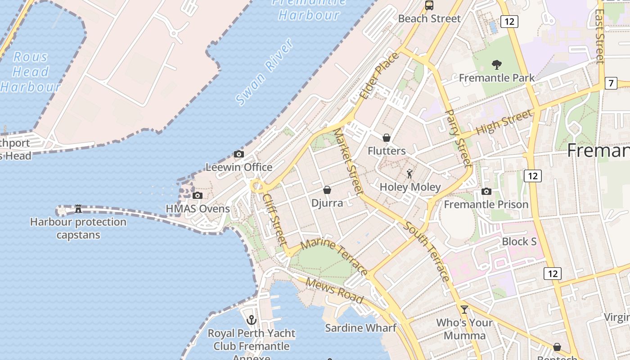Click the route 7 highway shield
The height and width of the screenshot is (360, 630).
click(x=611, y=83)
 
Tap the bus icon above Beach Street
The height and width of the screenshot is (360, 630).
click(x=429, y=5)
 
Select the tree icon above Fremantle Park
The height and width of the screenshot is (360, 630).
click(x=497, y=65)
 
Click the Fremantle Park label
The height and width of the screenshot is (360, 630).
click(x=497, y=78)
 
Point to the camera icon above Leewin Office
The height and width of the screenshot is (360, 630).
click(x=239, y=154)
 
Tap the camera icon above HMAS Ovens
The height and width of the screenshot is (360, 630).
click(x=197, y=195)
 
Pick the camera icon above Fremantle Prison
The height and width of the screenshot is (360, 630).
click(x=486, y=192)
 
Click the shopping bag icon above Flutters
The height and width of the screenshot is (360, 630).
click(x=387, y=138)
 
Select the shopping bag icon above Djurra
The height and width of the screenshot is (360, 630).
click(x=327, y=190)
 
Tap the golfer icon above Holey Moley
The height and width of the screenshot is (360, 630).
click(x=409, y=174)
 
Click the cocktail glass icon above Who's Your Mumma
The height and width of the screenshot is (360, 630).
click(x=464, y=310)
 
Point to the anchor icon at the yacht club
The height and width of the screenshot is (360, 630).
click(x=252, y=320)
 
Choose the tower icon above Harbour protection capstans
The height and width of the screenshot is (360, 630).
click(x=78, y=209)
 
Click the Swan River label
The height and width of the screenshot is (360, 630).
click(x=265, y=72)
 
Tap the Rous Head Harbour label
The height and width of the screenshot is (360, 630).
click(x=31, y=72)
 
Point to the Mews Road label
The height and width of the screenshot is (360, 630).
click(x=334, y=290)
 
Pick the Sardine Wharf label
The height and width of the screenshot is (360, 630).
click(x=360, y=328)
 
